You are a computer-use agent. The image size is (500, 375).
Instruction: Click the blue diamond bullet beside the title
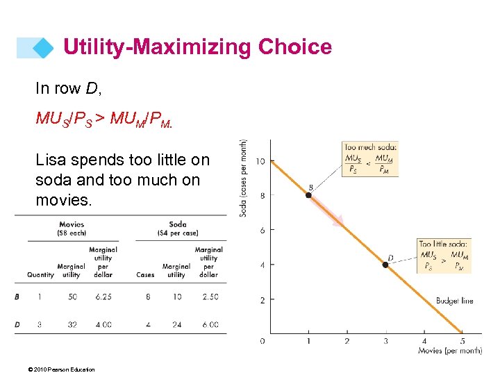pyautogui.click(x=44, y=47)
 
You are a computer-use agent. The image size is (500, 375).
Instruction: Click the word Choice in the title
pyautogui.click(x=295, y=47)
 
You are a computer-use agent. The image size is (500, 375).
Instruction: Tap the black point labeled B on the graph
pyautogui.click(x=308, y=195)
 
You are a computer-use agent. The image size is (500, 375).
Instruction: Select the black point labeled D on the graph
pyautogui.click(x=385, y=265)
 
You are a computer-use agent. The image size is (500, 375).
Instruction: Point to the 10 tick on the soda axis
pyautogui.click(x=260, y=162)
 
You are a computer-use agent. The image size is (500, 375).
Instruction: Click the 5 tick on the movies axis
pyautogui.click(x=462, y=341)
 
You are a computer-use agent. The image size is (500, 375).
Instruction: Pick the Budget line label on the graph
pyautogui.click(x=454, y=301)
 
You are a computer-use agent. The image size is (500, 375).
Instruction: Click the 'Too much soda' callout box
pyautogui.click(x=369, y=159)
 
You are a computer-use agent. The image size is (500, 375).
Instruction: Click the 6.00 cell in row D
pyautogui.click(x=209, y=324)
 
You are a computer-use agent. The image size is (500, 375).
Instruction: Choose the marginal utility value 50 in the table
pyautogui.click(x=72, y=297)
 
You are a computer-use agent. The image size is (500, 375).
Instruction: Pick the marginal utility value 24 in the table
pyautogui.click(x=176, y=324)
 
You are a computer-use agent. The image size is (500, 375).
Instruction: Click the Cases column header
pyautogui.click(x=145, y=274)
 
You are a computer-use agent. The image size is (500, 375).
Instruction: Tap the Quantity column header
pyautogui.click(x=40, y=274)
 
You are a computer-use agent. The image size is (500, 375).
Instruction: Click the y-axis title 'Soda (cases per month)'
pyautogui.click(x=244, y=178)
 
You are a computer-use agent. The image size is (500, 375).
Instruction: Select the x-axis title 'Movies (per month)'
pyautogui.click(x=449, y=351)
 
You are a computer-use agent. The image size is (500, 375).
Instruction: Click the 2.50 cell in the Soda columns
pyautogui.click(x=209, y=297)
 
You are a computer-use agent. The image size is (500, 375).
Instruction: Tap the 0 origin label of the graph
pyautogui.click(x=262, y=341)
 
